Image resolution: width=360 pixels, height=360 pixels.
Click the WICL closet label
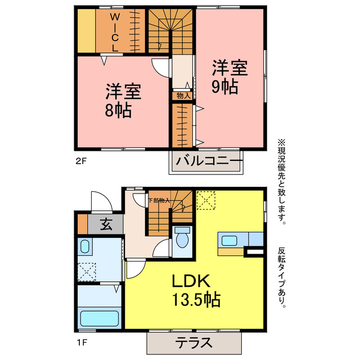pos(115,33)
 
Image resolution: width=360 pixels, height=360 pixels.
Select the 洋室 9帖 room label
pos(229,76)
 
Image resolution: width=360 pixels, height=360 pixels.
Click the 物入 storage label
pos(183,96)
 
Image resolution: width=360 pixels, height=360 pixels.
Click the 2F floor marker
pos(81,161)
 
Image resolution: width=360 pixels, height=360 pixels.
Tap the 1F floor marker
pos(81,343)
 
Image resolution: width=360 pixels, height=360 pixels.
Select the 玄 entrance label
pos(106,224)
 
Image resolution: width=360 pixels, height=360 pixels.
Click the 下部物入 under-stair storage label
pos(159,200)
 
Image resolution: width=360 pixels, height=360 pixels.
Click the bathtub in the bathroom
pos(100,318)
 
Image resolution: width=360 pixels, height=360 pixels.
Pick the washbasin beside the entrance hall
pos(85,246)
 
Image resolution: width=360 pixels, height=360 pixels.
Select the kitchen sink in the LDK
pos(229,241)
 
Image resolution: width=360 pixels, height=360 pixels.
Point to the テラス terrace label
pos(193,343)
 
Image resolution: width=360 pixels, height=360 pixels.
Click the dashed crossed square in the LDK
pos(206,200)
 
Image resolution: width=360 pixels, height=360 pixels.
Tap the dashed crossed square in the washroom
pos(87,272)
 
